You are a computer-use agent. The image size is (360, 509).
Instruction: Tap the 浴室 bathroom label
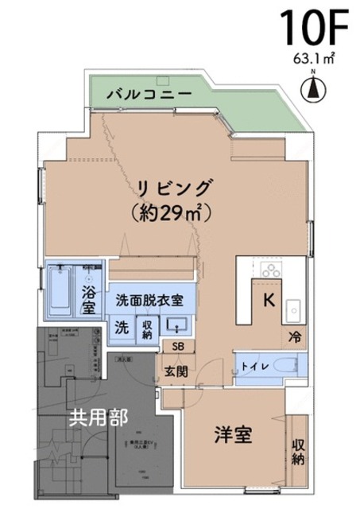[89, 299]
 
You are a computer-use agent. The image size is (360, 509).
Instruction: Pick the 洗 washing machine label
[122, 325]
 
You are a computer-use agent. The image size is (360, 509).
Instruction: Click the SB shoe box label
[176, 346]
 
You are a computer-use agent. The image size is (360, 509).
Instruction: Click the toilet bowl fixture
[285, 367]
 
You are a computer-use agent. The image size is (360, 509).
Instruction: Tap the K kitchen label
[269, 300]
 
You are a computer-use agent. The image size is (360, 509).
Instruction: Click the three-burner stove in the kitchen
[270, 269]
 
